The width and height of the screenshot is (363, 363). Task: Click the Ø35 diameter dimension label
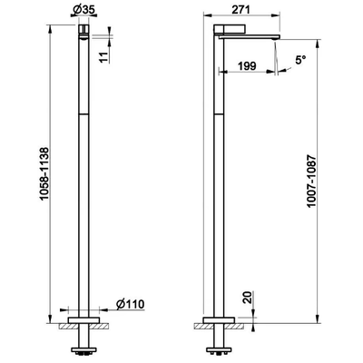coord(83,10)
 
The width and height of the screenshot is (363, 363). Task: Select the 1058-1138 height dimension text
coord(44,173)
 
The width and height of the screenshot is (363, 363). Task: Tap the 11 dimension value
coord(103,57)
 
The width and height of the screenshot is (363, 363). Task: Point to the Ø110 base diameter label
coord(131,304)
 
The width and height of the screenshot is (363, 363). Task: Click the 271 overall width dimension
coord(241,10)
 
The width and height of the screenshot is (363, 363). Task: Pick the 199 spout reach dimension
coord(247,65)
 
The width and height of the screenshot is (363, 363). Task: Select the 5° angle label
coord(300,60)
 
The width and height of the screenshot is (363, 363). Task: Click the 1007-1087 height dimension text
coord(311,181)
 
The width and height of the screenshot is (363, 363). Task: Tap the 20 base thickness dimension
coord(248,298)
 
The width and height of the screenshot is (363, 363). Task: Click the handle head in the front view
coord(84,32)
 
